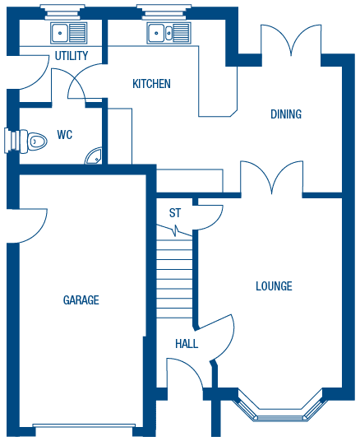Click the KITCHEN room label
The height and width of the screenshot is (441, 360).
(151, 84)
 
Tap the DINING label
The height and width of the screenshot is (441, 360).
(286, 114)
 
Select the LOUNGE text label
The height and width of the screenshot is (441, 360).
(274, 286)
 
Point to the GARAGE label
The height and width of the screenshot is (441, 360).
(81, 300)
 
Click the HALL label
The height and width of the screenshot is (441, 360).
(187, 344)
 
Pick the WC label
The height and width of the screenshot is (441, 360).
(65, 135)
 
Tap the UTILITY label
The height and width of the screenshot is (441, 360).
(72, 56)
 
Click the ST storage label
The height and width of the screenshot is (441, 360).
(175, 213)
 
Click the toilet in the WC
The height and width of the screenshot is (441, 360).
(33, 141)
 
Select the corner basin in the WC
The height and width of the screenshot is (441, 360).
(95, 156)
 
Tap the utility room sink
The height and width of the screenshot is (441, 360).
(69, 33)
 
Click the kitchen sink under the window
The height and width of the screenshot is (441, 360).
(168, 33)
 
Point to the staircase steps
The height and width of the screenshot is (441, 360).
(174, 278)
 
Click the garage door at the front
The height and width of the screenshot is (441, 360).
(83, 425)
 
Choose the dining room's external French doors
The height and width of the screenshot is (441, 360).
(291, 41)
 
